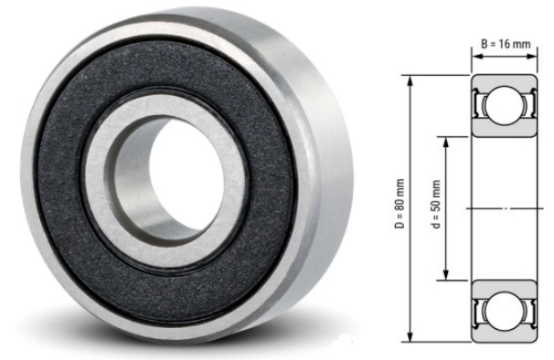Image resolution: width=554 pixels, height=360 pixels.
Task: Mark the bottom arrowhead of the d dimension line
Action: pos(446,278)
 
